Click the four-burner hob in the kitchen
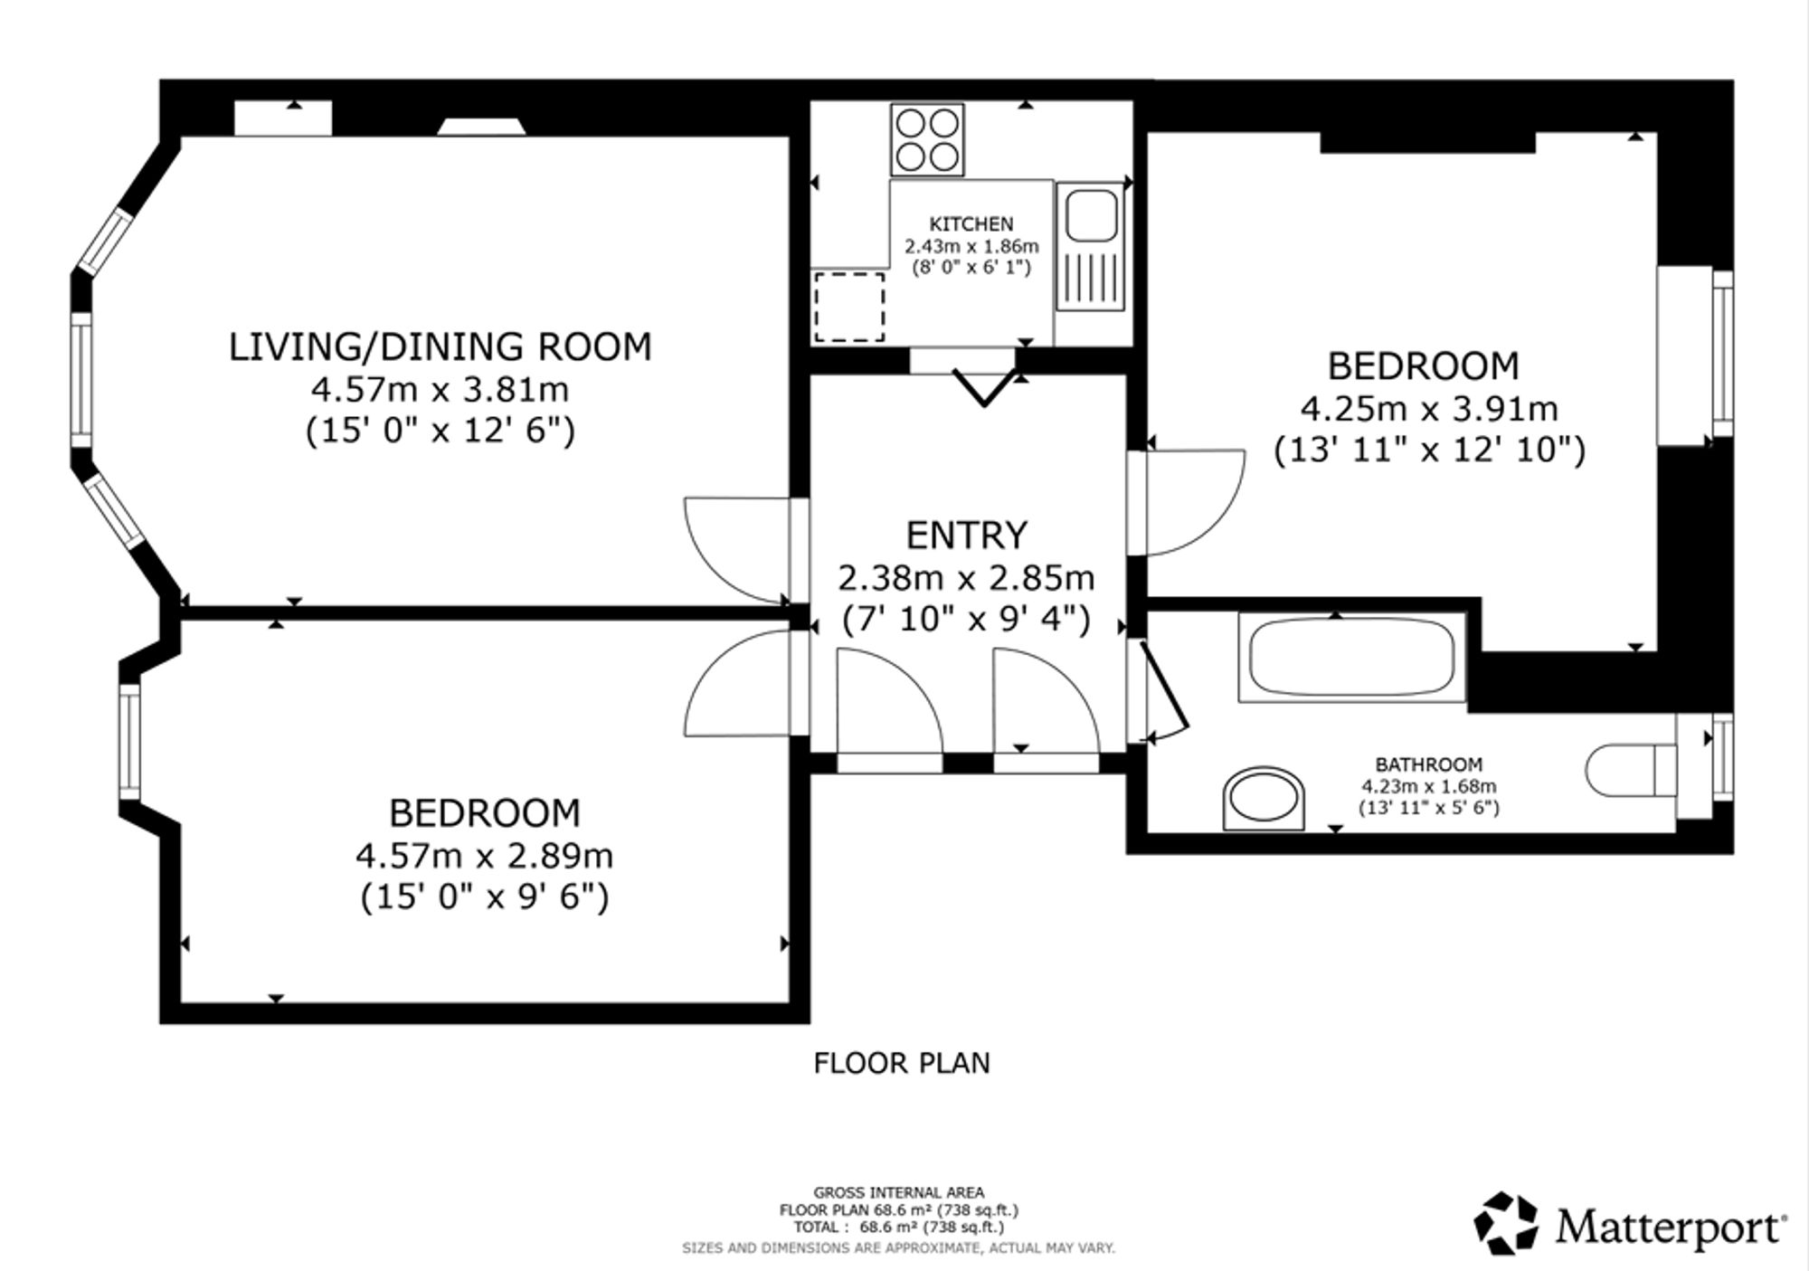(927, 139)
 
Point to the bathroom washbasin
(1264, 799)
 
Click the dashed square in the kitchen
(849, 307)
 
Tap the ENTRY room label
(967, 535)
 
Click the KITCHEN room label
(971, 223)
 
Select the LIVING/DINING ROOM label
(440, 346)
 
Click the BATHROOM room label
(1429, 765)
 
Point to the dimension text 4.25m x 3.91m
(1429, 409)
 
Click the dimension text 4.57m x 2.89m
(484, 855)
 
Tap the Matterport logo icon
(1507, 1224)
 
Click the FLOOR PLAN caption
(902, 1063)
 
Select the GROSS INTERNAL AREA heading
(898, 1192)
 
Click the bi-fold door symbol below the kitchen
(983, 386)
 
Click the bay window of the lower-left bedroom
(130, 742)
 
